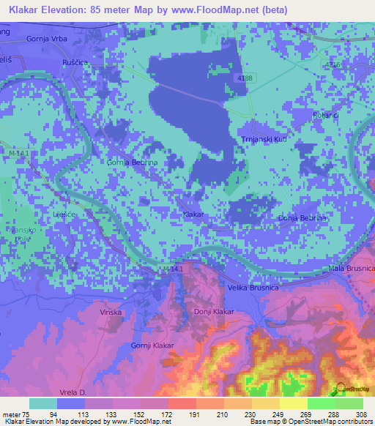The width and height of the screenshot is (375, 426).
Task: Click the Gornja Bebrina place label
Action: point(130,162)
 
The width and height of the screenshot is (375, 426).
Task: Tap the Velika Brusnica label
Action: point(253,288)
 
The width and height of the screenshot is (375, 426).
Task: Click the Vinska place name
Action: point(111,313)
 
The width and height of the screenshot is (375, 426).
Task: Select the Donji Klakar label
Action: point(213,312)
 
